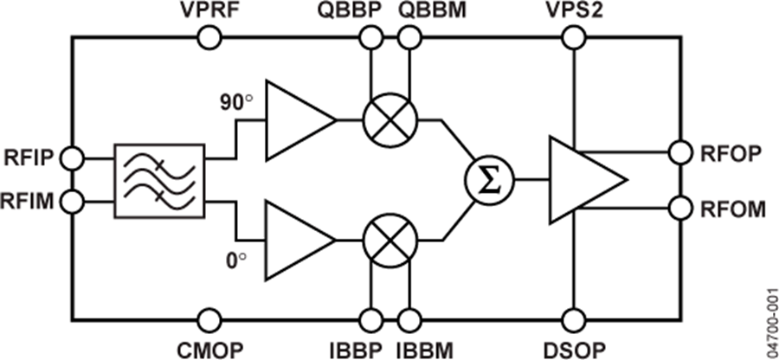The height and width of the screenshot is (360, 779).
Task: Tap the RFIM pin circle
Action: coord(74,202)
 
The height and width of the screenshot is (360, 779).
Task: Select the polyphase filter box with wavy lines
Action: coord(159,180)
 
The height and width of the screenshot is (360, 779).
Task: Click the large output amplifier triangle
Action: coord(585,179)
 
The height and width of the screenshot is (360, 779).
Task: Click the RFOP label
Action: coord(731,154)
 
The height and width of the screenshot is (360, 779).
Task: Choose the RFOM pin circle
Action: coord(681,208)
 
